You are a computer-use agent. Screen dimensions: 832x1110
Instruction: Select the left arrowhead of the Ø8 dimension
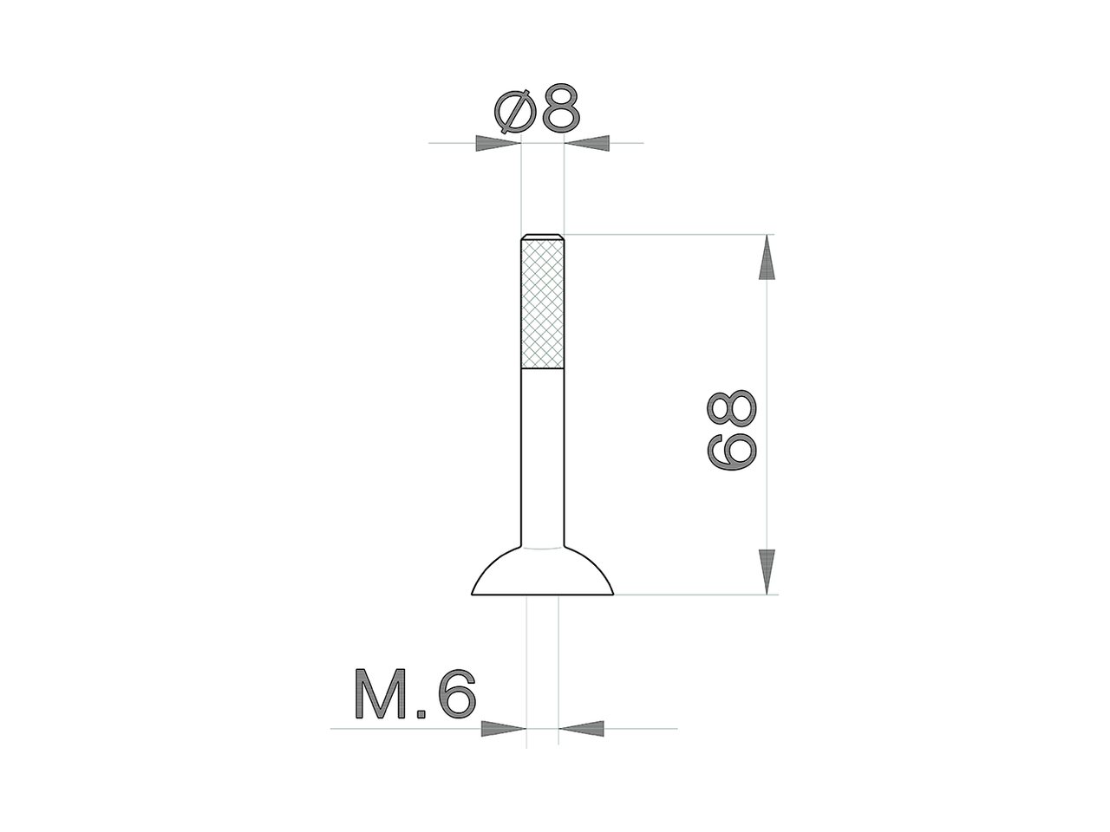[497, 143]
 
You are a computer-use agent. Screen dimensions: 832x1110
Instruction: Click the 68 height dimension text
[734, 430]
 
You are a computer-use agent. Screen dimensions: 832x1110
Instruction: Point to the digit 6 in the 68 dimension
[734, 452]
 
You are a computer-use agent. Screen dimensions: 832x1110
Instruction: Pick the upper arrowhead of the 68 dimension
[767, 257]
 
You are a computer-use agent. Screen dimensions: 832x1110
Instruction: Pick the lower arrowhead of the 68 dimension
[767, 571]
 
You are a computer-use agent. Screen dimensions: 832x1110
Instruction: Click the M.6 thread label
[415, 694]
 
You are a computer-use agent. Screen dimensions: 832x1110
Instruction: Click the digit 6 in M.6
[456, 694]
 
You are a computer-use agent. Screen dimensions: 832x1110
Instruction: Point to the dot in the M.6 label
[421, 714]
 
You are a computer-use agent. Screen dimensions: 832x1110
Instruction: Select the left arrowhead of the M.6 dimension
[504, 729]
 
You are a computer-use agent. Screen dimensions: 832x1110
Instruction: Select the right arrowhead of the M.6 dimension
[582, 729]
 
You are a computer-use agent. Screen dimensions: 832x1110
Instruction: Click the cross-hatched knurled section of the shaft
[543, 303]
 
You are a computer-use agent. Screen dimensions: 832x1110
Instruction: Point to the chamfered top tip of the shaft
[543, 237]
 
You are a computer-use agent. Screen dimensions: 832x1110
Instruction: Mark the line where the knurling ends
[543, 368]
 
